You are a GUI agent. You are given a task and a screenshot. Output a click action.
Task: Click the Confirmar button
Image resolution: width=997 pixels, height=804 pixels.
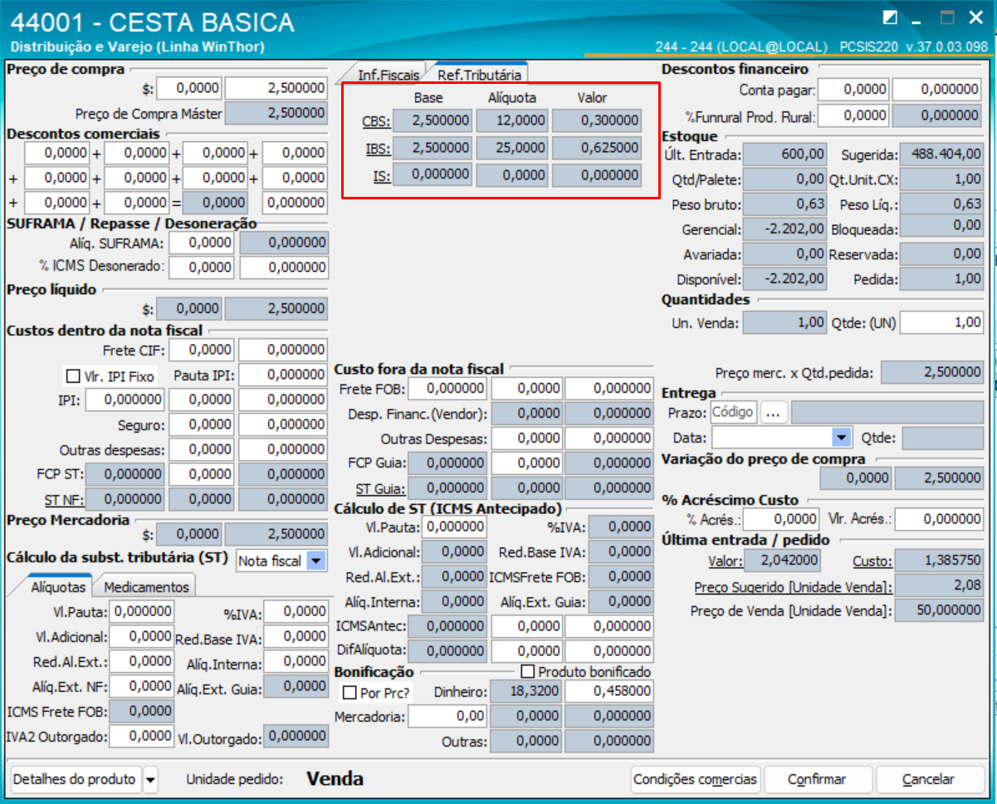[817, 779]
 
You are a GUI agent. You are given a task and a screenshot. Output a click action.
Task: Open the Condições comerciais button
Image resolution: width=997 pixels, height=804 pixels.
[696, 779]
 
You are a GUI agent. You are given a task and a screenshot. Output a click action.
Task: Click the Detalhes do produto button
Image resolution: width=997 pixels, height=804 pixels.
[75, 779]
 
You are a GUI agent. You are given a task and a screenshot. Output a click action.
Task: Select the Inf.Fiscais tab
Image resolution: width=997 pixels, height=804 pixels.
[388, 75]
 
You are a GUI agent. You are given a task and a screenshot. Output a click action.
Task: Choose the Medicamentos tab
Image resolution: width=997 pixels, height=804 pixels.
[146, 586]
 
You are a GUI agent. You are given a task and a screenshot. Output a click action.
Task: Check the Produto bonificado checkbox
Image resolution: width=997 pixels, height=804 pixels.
[527, 671]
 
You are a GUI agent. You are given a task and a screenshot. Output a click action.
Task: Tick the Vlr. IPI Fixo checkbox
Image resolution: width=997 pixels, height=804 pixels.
[73, 376]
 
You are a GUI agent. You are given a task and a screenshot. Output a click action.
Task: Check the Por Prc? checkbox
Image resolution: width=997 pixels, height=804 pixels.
[349, 692]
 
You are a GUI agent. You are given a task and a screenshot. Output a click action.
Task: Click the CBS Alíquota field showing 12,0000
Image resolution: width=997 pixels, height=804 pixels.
[512, 121]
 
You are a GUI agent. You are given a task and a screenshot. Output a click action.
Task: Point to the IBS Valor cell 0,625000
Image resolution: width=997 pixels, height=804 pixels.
[597, 148]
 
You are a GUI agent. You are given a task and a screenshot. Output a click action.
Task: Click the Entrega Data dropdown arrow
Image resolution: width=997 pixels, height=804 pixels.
[842, 437]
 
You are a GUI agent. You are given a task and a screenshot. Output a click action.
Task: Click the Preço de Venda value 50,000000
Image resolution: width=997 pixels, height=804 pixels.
[940, 611]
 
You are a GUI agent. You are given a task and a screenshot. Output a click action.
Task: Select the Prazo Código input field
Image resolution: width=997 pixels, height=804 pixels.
[733, 412]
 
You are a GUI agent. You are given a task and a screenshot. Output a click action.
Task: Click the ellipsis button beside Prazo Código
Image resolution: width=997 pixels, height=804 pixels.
[773, 412]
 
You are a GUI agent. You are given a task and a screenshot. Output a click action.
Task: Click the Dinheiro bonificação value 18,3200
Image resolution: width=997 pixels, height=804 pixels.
[525, 691]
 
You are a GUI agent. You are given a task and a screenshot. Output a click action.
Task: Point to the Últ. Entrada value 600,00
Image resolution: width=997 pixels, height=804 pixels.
[784, 154]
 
